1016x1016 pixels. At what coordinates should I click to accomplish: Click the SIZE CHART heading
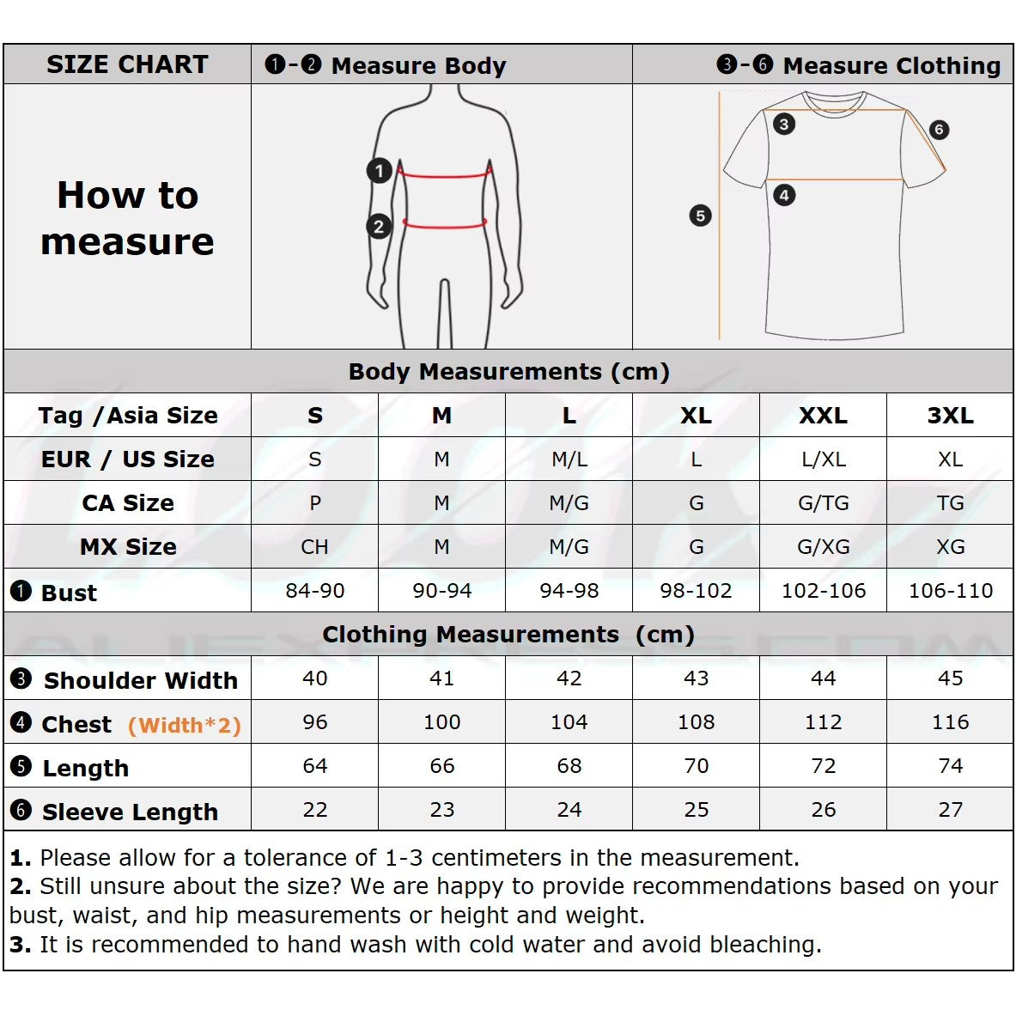click(127, 64)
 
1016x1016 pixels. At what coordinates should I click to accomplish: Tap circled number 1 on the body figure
click(379, 171)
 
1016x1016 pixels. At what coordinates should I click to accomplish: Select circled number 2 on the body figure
click(379, 227)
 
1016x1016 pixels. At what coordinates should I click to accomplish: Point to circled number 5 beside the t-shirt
click(701, 216)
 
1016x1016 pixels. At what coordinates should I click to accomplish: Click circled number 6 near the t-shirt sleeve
click(939, 130)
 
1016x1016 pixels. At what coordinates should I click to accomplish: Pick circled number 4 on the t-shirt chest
click(784, 195)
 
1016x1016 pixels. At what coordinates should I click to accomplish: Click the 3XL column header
click(950, 416)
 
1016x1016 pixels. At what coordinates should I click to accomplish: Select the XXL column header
click(823, 416)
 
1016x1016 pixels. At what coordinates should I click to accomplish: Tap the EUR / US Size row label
click(127, 459)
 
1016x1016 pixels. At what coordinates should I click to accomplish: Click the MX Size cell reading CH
click(314, 547)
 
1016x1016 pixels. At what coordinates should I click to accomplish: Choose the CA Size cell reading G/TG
click(823, 503)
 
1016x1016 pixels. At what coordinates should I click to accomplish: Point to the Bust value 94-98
click(569, 591)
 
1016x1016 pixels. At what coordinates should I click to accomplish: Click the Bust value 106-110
click(950, 591)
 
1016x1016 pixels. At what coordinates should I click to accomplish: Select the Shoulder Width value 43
click(696, 678)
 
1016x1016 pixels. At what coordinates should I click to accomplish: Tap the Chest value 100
click(441, 722)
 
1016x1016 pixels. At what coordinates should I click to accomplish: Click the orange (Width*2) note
click(184, 726)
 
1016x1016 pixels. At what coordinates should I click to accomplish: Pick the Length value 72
click(823, 766)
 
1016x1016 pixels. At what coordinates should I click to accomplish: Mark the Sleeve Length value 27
click(950, 810)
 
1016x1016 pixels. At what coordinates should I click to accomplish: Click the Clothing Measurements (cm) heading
click(508, 635)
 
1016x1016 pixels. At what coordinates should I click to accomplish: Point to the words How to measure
click(127, 218)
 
